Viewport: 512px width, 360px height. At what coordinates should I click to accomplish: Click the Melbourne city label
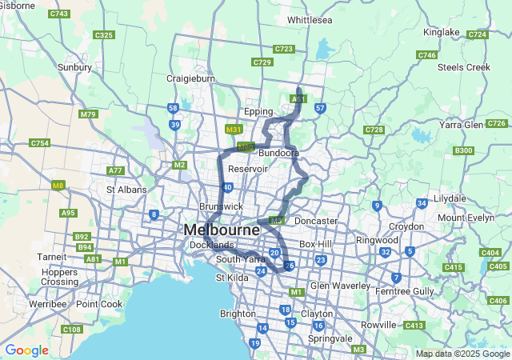click(x=222, y=230)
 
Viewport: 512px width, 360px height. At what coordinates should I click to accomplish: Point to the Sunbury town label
click(x=74, y=68)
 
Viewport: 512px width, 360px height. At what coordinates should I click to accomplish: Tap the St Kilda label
click(x=232, y=278)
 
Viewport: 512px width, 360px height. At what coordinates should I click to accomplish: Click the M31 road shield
click(x=234, y=129)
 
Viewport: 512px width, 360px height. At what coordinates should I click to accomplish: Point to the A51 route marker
click(x=298, y=98)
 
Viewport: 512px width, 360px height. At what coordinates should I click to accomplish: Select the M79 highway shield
click(x=88, y=114)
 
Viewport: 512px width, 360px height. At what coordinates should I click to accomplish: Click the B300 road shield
click(x=463, y=150)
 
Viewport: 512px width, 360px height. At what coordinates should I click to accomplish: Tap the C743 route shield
click(x=58, y=14)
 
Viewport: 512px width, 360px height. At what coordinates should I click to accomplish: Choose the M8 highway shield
click(x=58, y=186)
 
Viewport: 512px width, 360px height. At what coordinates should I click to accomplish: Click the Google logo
click(x=26, y=350)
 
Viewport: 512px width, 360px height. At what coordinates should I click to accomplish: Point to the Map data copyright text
click(x=462, y=354)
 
